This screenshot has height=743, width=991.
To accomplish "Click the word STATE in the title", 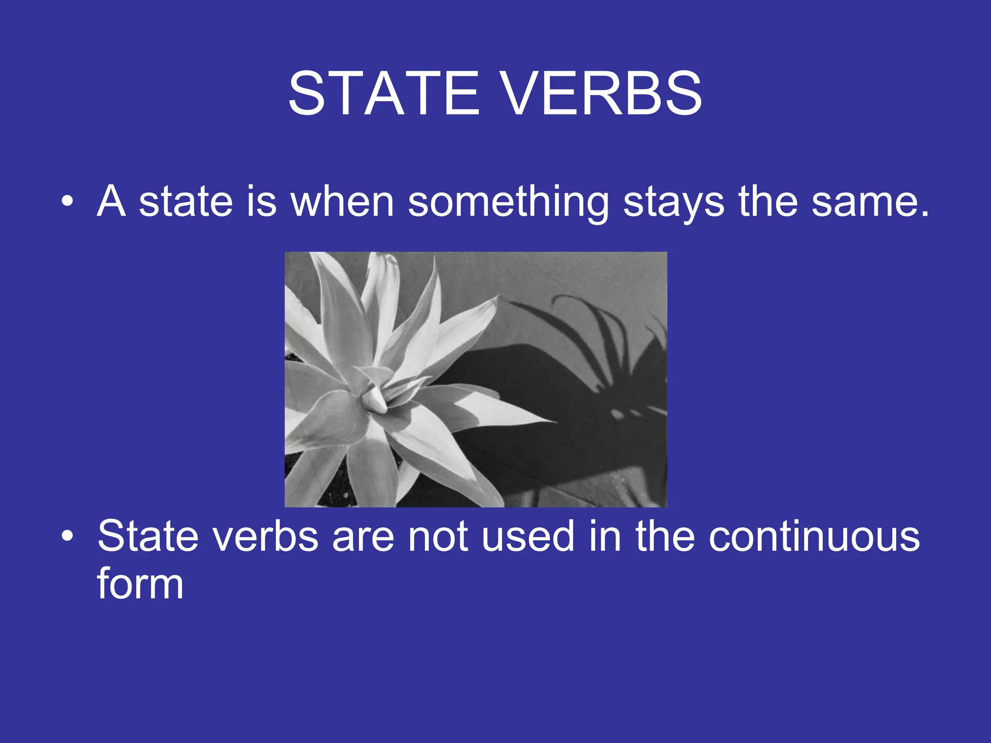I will pos(384,93).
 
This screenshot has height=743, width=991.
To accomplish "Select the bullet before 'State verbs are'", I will pos(68,536).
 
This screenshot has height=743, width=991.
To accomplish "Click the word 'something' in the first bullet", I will pos(508,202).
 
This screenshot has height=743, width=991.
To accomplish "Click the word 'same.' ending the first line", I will pos(870,202).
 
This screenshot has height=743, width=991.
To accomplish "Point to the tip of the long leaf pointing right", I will pos(552,422).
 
